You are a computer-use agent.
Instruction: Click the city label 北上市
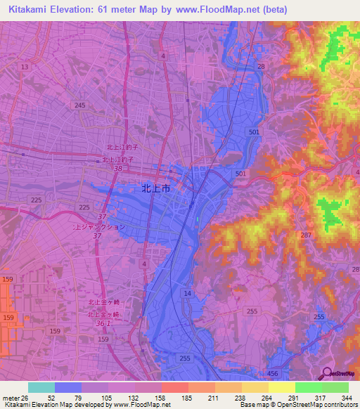pos(155,188)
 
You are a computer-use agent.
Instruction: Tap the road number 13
pos(25,67)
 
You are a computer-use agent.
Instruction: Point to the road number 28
pos(261,66)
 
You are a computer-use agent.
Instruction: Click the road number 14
pos(188,292)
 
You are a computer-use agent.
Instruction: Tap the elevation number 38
pos(118,169)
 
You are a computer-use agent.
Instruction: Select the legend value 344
pos(347,397)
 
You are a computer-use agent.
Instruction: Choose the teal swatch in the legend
pos(41,387)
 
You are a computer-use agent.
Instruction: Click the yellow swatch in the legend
pos(281,387)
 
